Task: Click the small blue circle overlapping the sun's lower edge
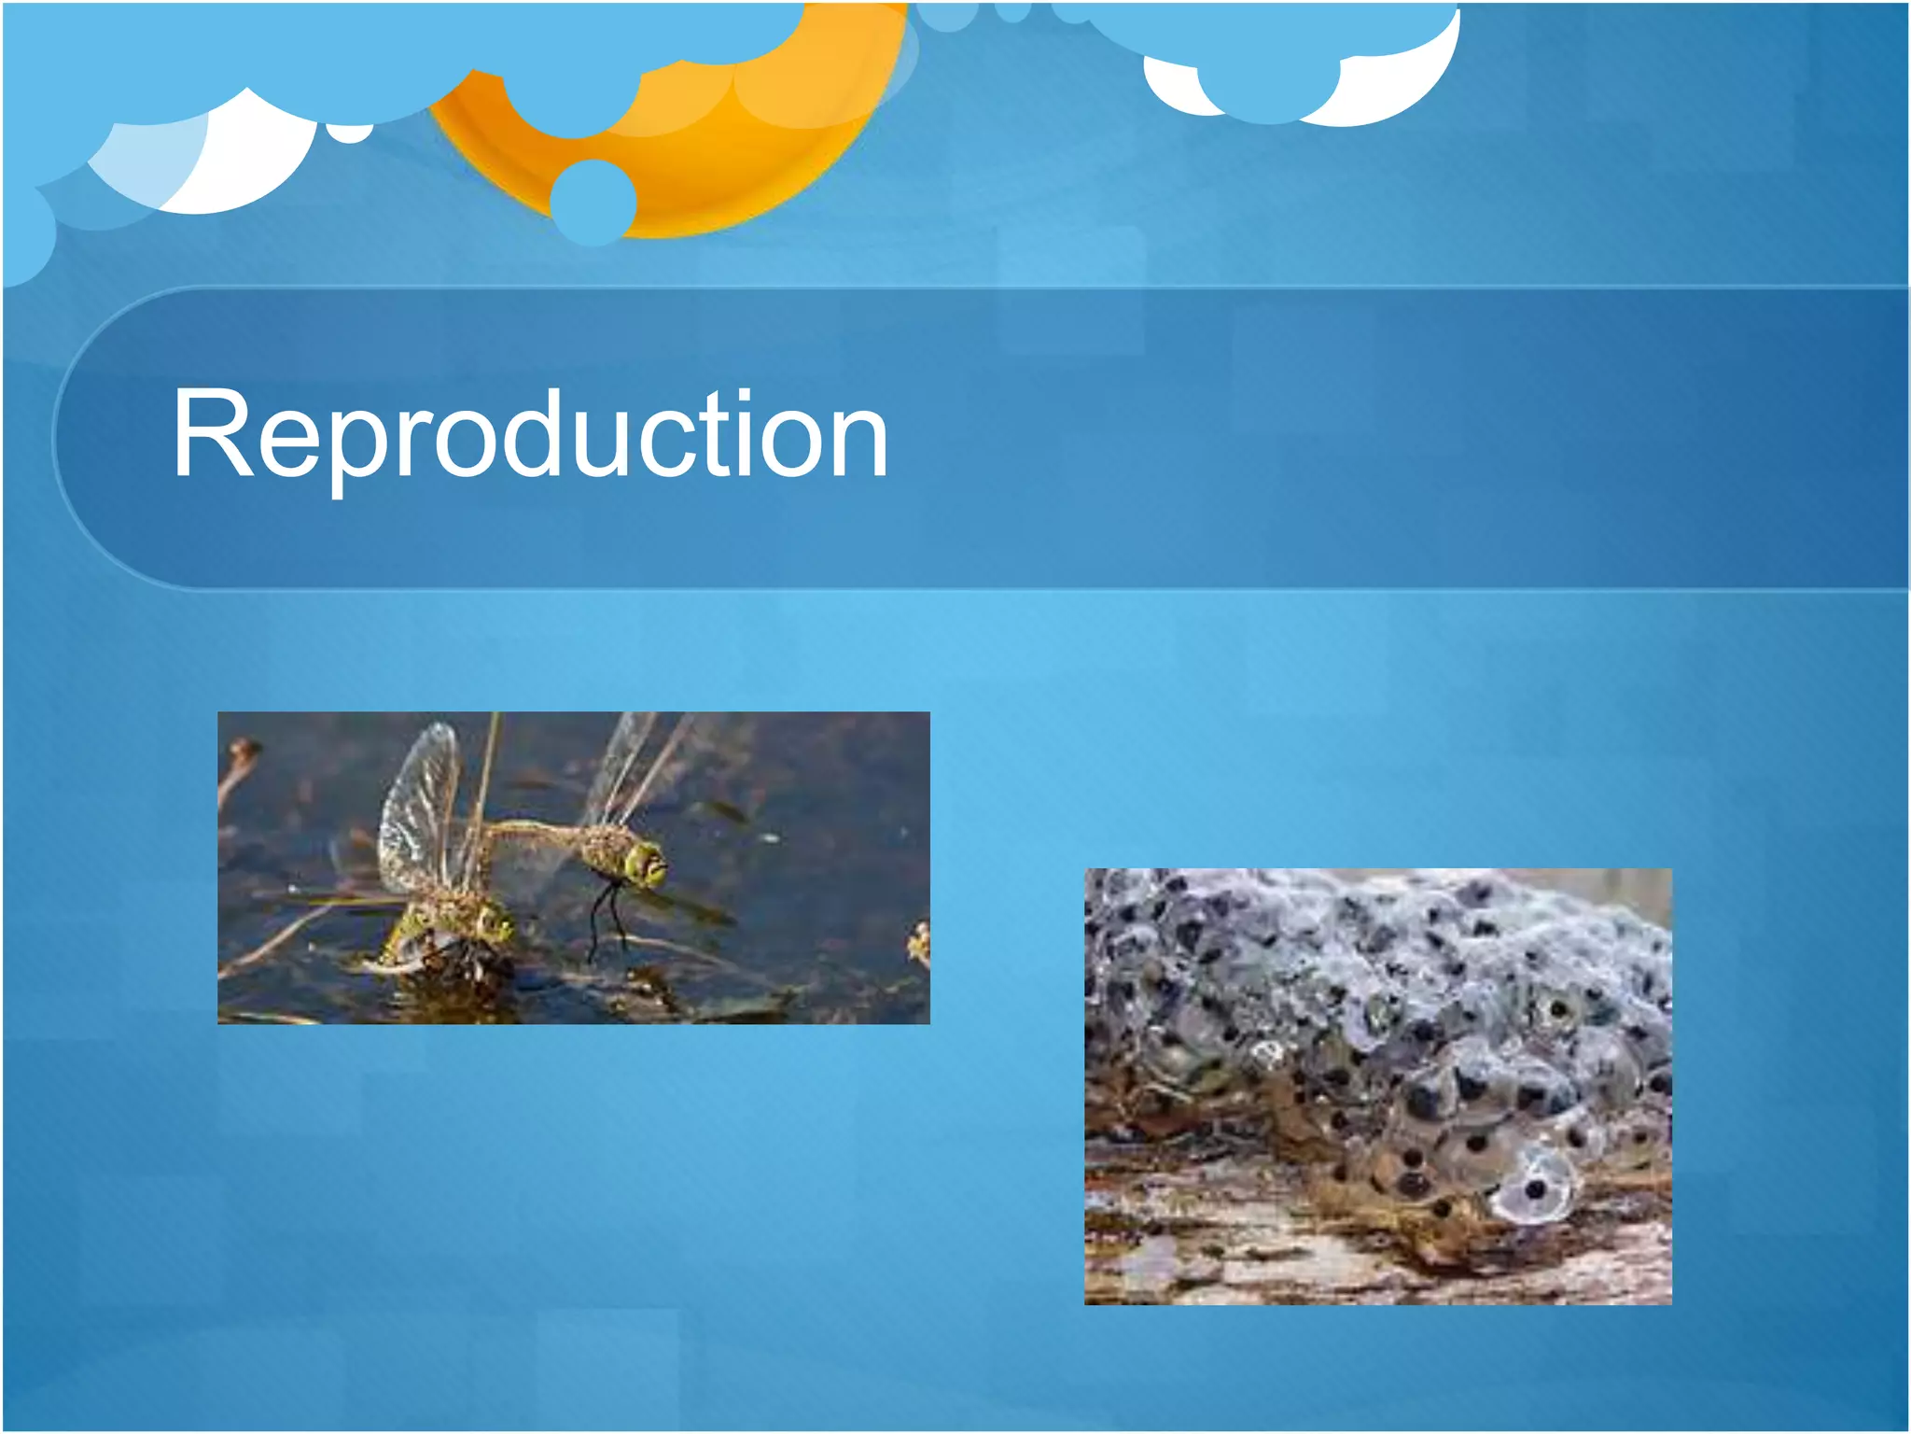click(593, 201)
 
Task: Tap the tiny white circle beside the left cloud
click(350, 134)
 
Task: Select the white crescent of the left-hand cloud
click(252, 163)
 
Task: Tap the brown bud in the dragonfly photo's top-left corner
click(244, 750)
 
